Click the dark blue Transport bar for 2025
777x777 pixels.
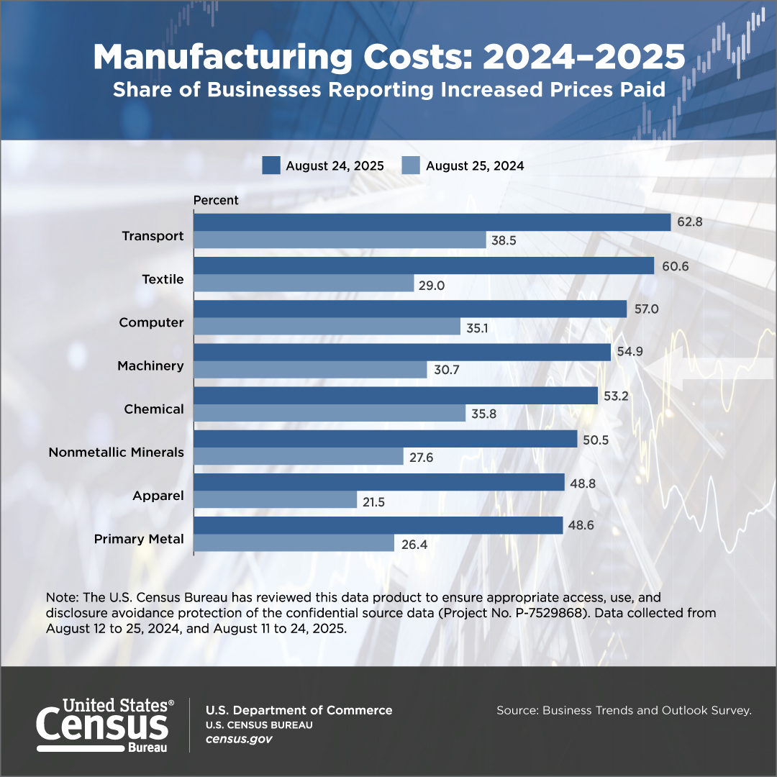coord(432,222)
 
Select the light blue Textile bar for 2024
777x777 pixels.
coord(304,283)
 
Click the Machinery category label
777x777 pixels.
coord(150,366)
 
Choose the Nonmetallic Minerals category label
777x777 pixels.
coord(116,453)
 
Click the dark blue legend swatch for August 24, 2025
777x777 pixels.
coord(271,165)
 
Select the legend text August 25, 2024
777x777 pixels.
coord(475,165)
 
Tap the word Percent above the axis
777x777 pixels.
coord(216,200)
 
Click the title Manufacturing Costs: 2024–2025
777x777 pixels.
coord(388,57)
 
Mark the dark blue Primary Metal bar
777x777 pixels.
coord(378,525)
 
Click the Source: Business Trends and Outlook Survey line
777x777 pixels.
coord(624,711)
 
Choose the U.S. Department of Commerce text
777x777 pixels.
coord(299,710)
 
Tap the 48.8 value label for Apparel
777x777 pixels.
coord(582,482)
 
